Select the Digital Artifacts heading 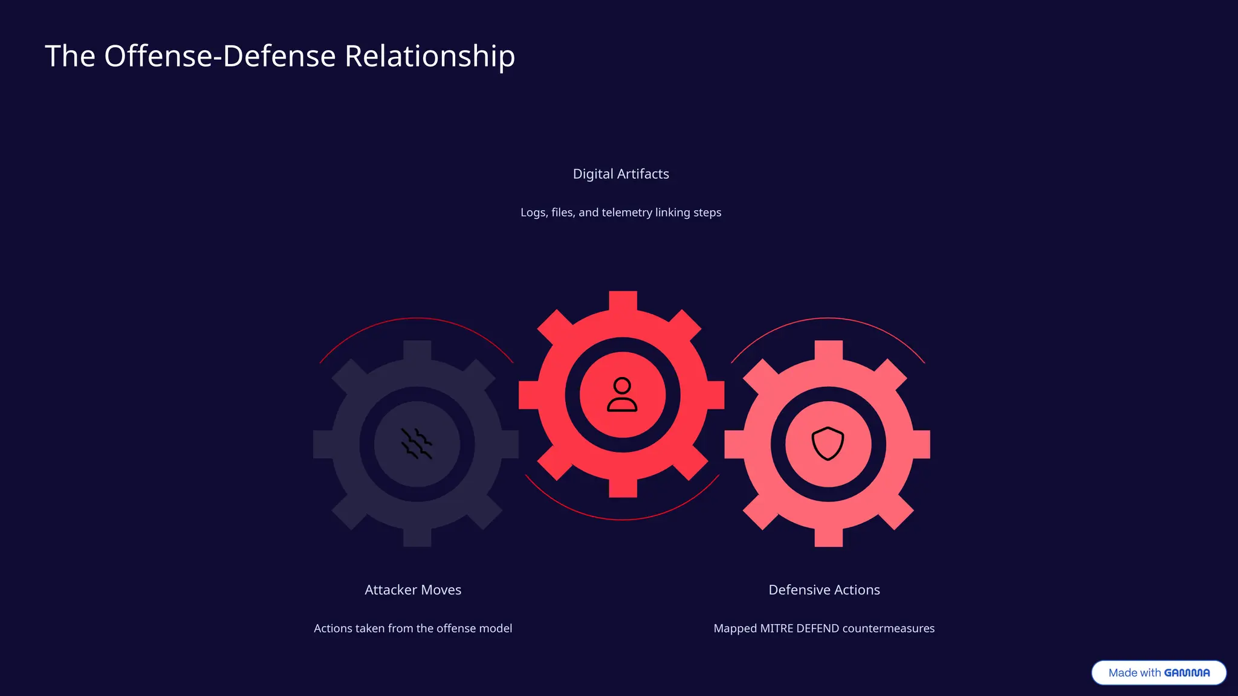[621, 174]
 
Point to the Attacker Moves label [413, 590]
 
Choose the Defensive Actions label [824, 590]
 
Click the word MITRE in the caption [776, 628]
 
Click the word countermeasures [888, 628]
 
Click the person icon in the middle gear [622, 395]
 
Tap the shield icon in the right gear [828, 443]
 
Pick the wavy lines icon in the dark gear [416, 443]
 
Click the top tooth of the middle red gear [623, 301]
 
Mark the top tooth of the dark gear [417, 350]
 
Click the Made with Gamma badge [1158, 672]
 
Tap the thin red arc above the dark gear [416, 318]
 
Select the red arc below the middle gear [623, 519]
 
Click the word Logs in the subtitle [533, 213]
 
